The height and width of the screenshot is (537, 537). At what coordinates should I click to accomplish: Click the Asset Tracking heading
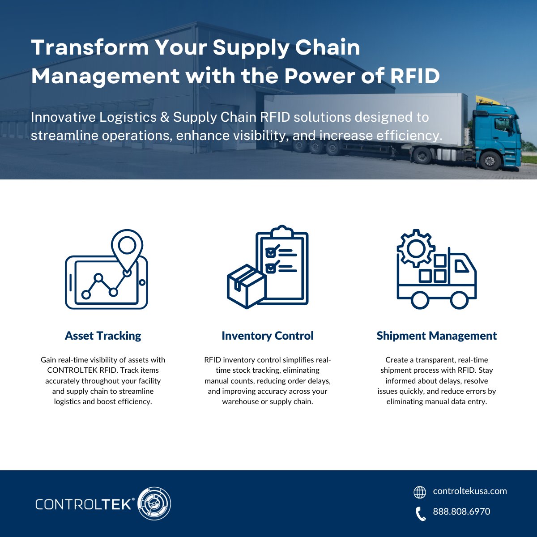click(103, 336)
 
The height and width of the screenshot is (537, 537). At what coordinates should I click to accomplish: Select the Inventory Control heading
click(268, 336)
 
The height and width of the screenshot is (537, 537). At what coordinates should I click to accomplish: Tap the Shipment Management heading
click(436, 336)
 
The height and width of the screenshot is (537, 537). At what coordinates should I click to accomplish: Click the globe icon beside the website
click(420, 492)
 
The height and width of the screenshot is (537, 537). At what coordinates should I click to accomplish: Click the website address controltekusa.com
click(470, 491)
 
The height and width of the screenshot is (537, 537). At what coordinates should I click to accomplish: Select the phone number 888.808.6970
click(461, 511)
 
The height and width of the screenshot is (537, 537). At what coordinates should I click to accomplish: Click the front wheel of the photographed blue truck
click(490, 160)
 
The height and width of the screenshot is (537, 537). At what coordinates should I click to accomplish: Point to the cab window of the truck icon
click(461, 267)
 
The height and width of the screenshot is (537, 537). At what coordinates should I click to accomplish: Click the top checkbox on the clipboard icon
click(271, 252)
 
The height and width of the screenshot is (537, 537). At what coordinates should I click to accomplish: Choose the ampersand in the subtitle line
click(164, 117)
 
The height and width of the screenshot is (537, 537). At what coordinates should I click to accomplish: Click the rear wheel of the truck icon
click(420, 300)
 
